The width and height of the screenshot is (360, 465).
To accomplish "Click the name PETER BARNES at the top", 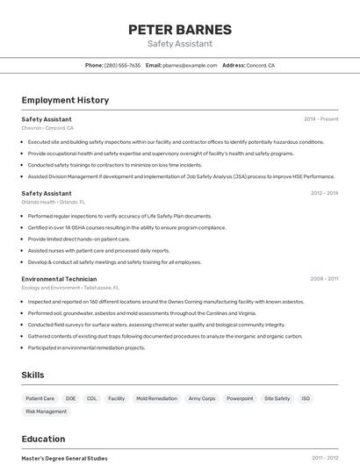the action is coord(180,29).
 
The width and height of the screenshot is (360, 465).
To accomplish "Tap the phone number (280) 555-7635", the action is coord(122,66).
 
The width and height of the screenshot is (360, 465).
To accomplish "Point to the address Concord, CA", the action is coord(260,66).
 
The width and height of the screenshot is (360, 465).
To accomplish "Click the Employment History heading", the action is coord(65,100).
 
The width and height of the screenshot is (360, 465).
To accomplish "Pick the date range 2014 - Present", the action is coord(320,118).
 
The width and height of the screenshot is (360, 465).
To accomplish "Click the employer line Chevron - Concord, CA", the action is coord(47,128).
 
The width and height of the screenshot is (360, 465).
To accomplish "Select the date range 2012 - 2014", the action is coord(324,193).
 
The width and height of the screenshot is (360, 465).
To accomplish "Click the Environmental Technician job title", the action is coord(59,278).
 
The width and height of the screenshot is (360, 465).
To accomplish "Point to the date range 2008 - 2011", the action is coord(324,278).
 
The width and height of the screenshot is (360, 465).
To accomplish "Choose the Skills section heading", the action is coord(32,375).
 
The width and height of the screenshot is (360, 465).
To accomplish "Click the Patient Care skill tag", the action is coord(40,398).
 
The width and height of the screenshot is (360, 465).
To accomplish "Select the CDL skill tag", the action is coord(91,398).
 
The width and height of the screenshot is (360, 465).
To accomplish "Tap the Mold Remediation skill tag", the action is coord(156,398).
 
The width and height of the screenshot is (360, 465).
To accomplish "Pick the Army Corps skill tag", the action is coord(201,398).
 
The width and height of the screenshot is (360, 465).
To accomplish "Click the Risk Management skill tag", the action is coord(46,411).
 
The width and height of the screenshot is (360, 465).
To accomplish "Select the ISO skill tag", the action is coord(306,398).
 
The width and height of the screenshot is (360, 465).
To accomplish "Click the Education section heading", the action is coord(43,439).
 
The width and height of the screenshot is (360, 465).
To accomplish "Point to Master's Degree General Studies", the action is coord(64,458).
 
